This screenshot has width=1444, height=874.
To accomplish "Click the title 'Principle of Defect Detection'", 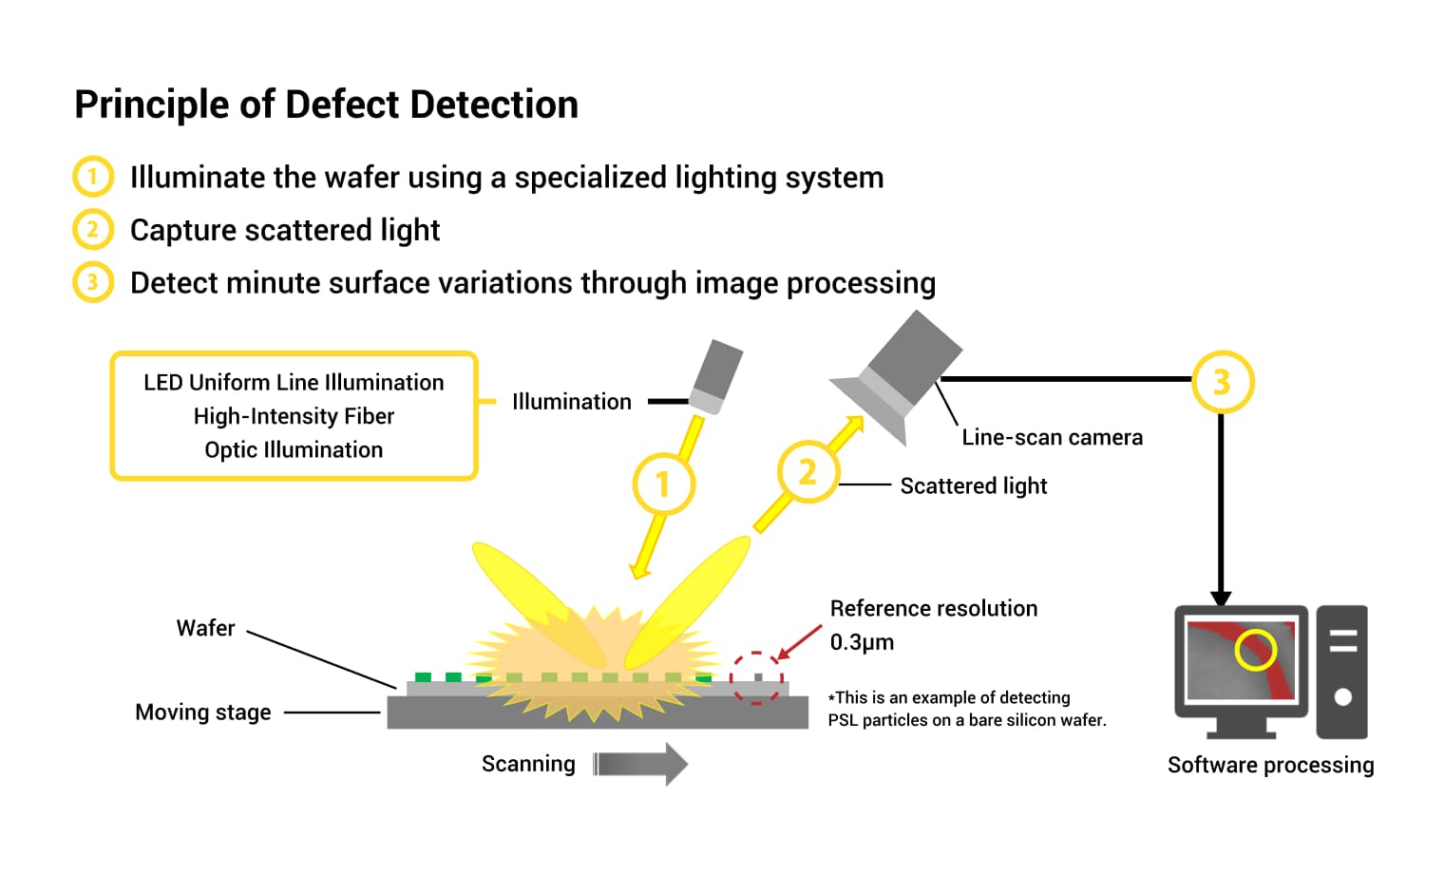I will pos(326,104).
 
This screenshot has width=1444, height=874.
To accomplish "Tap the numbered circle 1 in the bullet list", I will pos(92,177).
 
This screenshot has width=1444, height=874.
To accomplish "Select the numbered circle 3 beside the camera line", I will pos(1222,382).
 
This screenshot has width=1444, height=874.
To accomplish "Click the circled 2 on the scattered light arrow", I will pos(807,472).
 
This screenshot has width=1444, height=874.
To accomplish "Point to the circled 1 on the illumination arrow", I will pos(663,484).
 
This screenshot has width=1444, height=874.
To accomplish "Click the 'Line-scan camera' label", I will pos(1052,437).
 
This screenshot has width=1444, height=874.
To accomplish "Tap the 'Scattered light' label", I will pos(973,485).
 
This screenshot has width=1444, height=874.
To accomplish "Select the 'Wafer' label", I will pos(205,628).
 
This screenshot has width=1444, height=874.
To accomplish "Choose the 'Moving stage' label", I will pos(202,712).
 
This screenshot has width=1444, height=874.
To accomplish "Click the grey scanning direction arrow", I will pos(640,764).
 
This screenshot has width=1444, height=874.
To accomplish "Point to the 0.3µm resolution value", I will pos(862,642).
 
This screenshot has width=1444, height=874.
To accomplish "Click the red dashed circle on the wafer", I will pos(756,678).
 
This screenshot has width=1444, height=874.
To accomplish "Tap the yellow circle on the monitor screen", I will pos(1255,650).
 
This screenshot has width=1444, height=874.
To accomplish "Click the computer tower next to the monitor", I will pos(1341,672).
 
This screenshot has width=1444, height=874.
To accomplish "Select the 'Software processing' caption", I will pos(1270,765).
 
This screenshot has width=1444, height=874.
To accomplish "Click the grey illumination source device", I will pos(716,376).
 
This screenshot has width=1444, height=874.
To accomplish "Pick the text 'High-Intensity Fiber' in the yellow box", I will pos(294,416).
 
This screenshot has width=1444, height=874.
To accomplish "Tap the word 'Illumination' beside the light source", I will pos(571,402).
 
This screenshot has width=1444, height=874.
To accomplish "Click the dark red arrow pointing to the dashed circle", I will pos(799,642).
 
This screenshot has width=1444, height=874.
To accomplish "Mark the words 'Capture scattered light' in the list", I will pos(285,230).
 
